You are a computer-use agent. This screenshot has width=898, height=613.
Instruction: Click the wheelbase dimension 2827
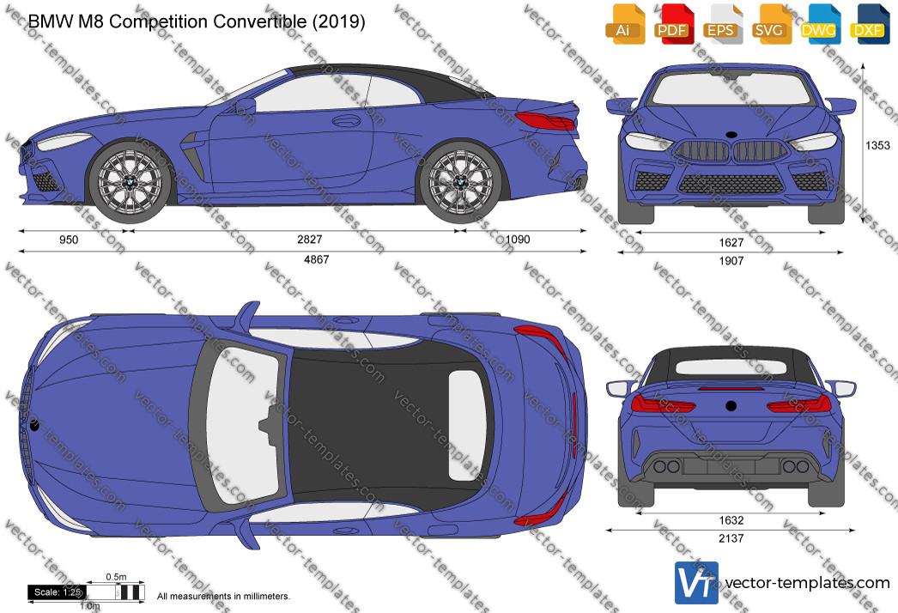(x=310, y=240)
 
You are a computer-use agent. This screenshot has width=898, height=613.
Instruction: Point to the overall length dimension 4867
(x=316, y=259)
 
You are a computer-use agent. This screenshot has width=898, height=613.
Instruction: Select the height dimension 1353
(x=877, y=145)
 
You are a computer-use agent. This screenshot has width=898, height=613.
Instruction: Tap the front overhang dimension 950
(x=69, y=240)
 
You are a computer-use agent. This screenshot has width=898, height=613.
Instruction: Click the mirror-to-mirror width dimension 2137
(x=731, y=538)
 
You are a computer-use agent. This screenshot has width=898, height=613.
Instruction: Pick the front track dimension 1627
(x=731, y=243)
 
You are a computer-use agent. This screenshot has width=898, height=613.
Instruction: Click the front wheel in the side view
(x=130, y=182)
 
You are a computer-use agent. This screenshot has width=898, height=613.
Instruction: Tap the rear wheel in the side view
(x=461, y=182)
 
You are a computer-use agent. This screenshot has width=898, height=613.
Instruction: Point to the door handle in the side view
(x=347, y=121)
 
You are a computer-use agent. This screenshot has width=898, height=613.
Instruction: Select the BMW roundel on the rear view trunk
(x=731, y=405)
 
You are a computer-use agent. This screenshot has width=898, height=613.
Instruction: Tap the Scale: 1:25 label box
(x=58, y=592)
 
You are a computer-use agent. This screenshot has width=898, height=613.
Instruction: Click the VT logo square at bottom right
(x=696, y=583)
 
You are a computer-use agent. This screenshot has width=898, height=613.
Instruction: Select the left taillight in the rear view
(x=663, y=404)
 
